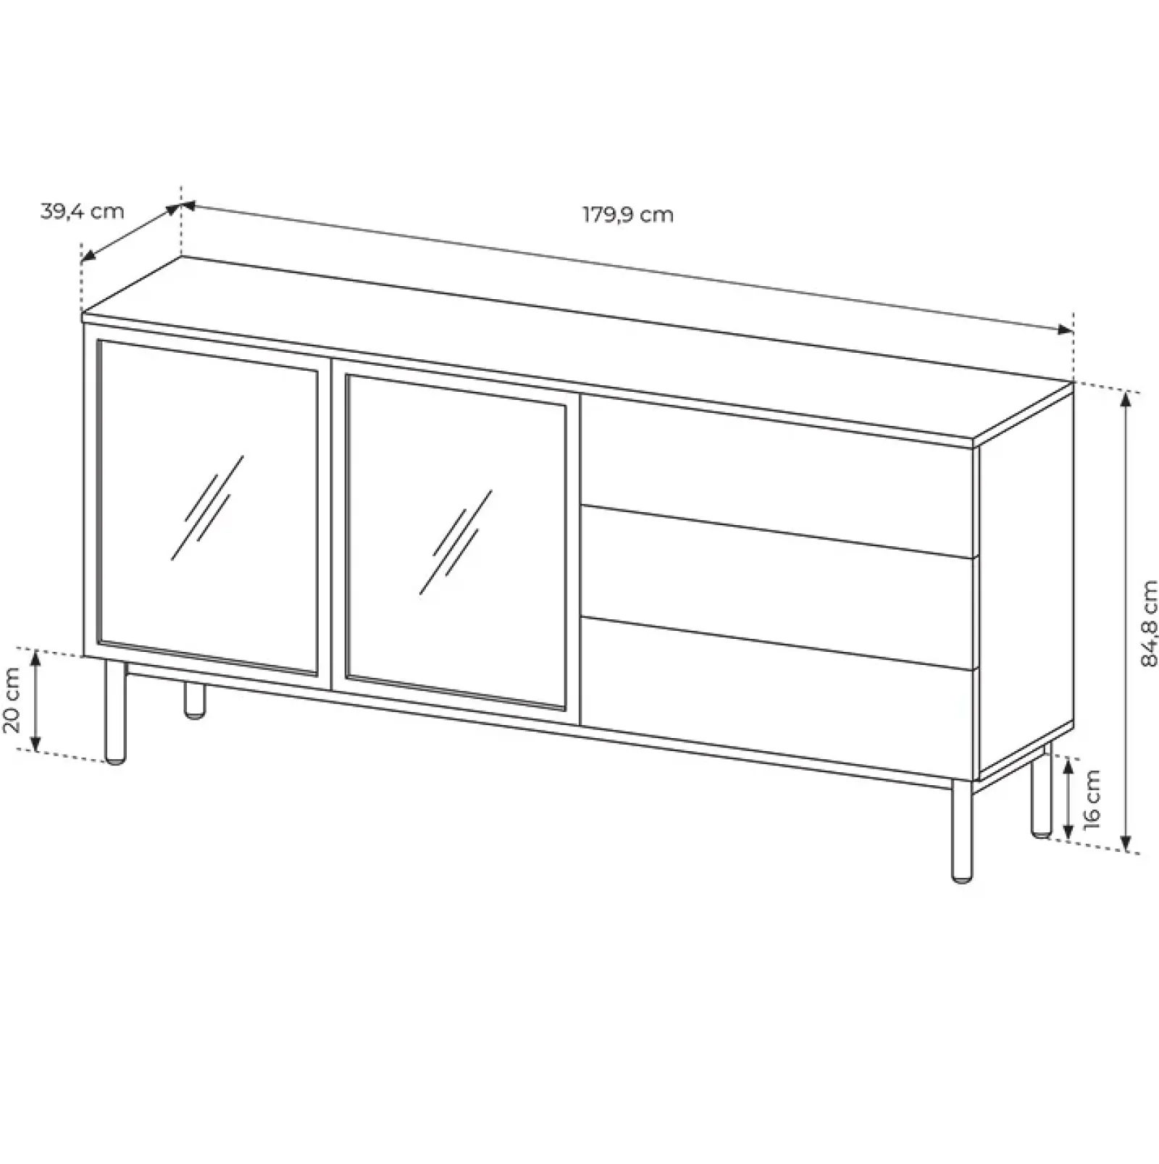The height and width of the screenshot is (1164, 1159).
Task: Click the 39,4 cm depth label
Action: (83, 212)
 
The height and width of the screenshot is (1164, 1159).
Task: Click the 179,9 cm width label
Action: (629, 215)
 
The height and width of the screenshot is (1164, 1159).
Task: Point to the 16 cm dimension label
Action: (1092, 799)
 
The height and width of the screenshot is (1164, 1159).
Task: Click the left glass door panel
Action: (208, 507)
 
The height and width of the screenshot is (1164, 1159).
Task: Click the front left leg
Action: (115, 712)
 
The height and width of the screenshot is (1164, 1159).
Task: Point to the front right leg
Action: (963, 830)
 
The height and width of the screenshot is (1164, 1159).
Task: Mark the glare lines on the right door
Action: (456, 541)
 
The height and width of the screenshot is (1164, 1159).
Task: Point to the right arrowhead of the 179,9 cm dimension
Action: (1066, 330)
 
